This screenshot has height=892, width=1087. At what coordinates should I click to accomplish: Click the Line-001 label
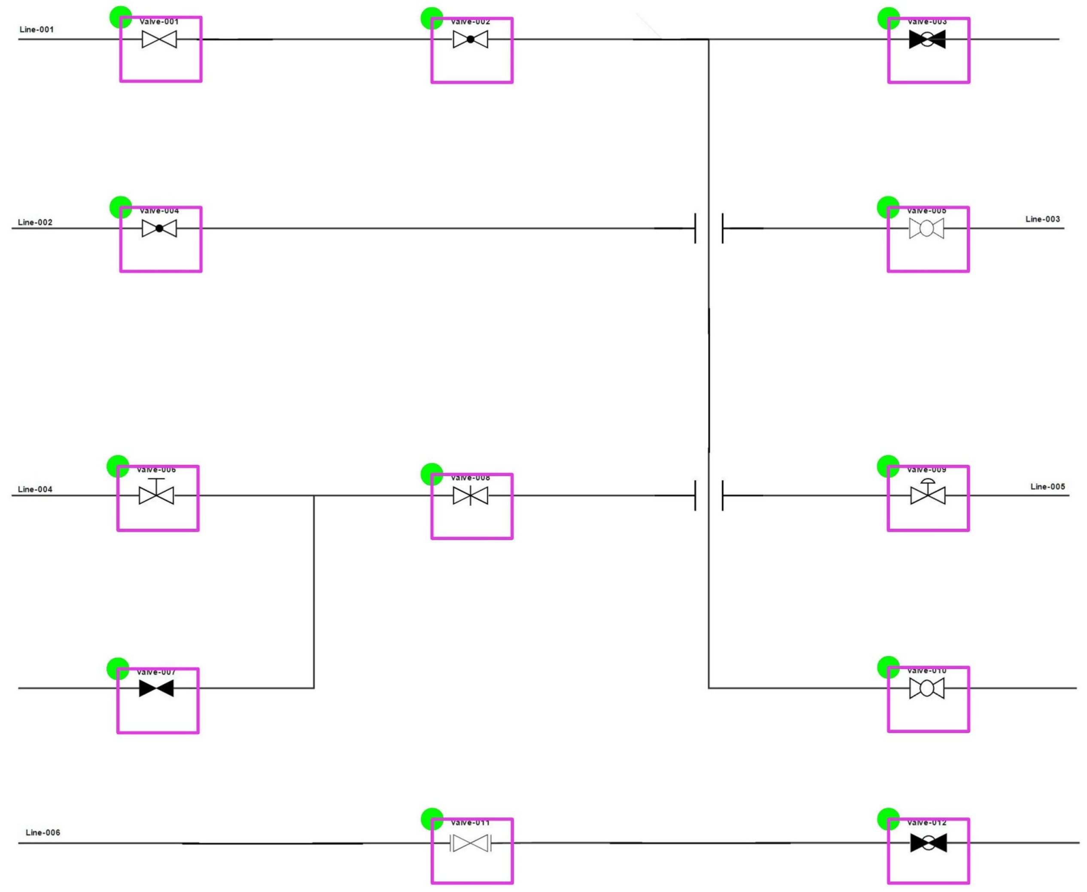click(x=37, y=30)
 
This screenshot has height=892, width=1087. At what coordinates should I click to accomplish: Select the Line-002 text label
click(x=35, y=223)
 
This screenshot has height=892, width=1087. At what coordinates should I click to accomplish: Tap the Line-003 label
click(x=1042, y=219)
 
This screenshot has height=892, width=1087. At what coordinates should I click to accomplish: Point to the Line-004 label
click(x=35, y=489)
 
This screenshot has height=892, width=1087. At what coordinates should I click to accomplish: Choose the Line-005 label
click(x=1047, y=486)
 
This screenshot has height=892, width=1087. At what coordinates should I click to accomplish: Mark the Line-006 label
click(x=43, y=832)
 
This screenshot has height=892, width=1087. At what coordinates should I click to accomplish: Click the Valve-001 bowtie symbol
click(x=159, y=40)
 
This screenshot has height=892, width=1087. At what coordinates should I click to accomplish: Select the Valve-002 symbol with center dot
click(x=470, y=40)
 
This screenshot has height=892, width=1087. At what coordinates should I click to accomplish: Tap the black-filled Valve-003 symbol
click(x=927, y=40)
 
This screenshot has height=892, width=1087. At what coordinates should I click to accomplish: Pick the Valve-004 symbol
click(x=159, y=229)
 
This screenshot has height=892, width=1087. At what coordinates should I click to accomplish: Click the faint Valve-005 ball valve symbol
click(x=926, y=229)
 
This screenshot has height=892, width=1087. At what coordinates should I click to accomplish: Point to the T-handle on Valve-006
click(x=156, y=480)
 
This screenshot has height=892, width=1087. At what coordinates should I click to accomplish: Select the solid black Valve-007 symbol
click(x=156, y=688)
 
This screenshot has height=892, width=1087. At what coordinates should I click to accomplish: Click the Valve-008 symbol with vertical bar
click(x=470, y=496)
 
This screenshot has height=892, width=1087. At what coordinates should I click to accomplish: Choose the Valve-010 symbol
click(x=926, y=688)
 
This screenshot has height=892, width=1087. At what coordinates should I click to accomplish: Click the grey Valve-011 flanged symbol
click(x=470, y=843)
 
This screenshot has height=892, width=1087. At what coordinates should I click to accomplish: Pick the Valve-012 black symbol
click(x=929, y=843)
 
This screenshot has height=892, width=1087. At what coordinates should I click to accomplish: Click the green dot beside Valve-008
click(x=431, y=474)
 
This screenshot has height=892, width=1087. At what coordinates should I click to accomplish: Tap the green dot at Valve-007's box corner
click(x=118, y=669)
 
